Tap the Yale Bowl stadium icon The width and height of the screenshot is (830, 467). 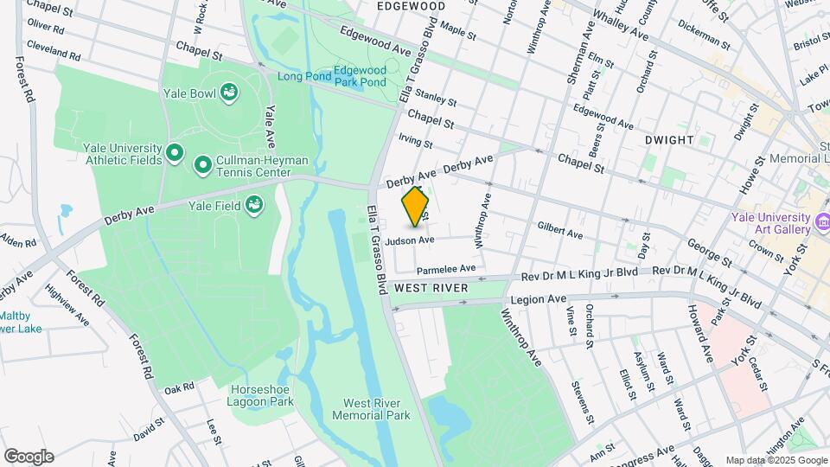pyautogui.click(x=229, y=92)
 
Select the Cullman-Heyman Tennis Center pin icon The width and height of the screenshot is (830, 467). pyautogui.click(x=203, y=164)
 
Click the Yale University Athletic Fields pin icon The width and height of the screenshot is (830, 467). pyautogui.click(x=175, y=154)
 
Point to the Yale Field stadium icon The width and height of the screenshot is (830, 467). pyautogui.click(x=254, y=205)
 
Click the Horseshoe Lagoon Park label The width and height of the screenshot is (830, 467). pyautogui.click(x=261, y=395)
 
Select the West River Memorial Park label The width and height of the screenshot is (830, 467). pyautogui.click(x=376, y=409)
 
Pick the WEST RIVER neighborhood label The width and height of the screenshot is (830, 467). pyautogui.click(x=431, y=287)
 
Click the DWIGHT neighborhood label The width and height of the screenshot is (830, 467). pyautogui.click(x=669, y=139)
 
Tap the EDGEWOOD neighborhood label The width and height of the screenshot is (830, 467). pyautogui.click(x=412, y=6)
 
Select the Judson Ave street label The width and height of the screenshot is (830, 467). pyautogui.click(x=411, y=240)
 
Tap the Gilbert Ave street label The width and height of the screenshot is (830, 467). pyautogui.click(x=560, y=232)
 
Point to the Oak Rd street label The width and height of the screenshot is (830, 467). pyautogui.click(x=179, y=388)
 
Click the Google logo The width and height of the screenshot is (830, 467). pyautogui.click(x=29, y=457)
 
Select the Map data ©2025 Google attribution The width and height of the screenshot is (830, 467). pyautogui.click(x=776, y=460)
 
